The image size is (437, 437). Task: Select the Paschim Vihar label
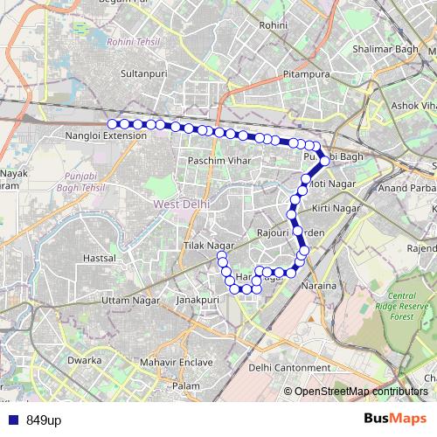[218, 162]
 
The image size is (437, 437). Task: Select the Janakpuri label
[196, 300]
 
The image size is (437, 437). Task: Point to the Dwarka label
[85, 360]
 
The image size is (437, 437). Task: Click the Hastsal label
[99, 259]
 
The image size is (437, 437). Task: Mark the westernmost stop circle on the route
[112, 124]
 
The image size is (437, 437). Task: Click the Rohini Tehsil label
[130, 41]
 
